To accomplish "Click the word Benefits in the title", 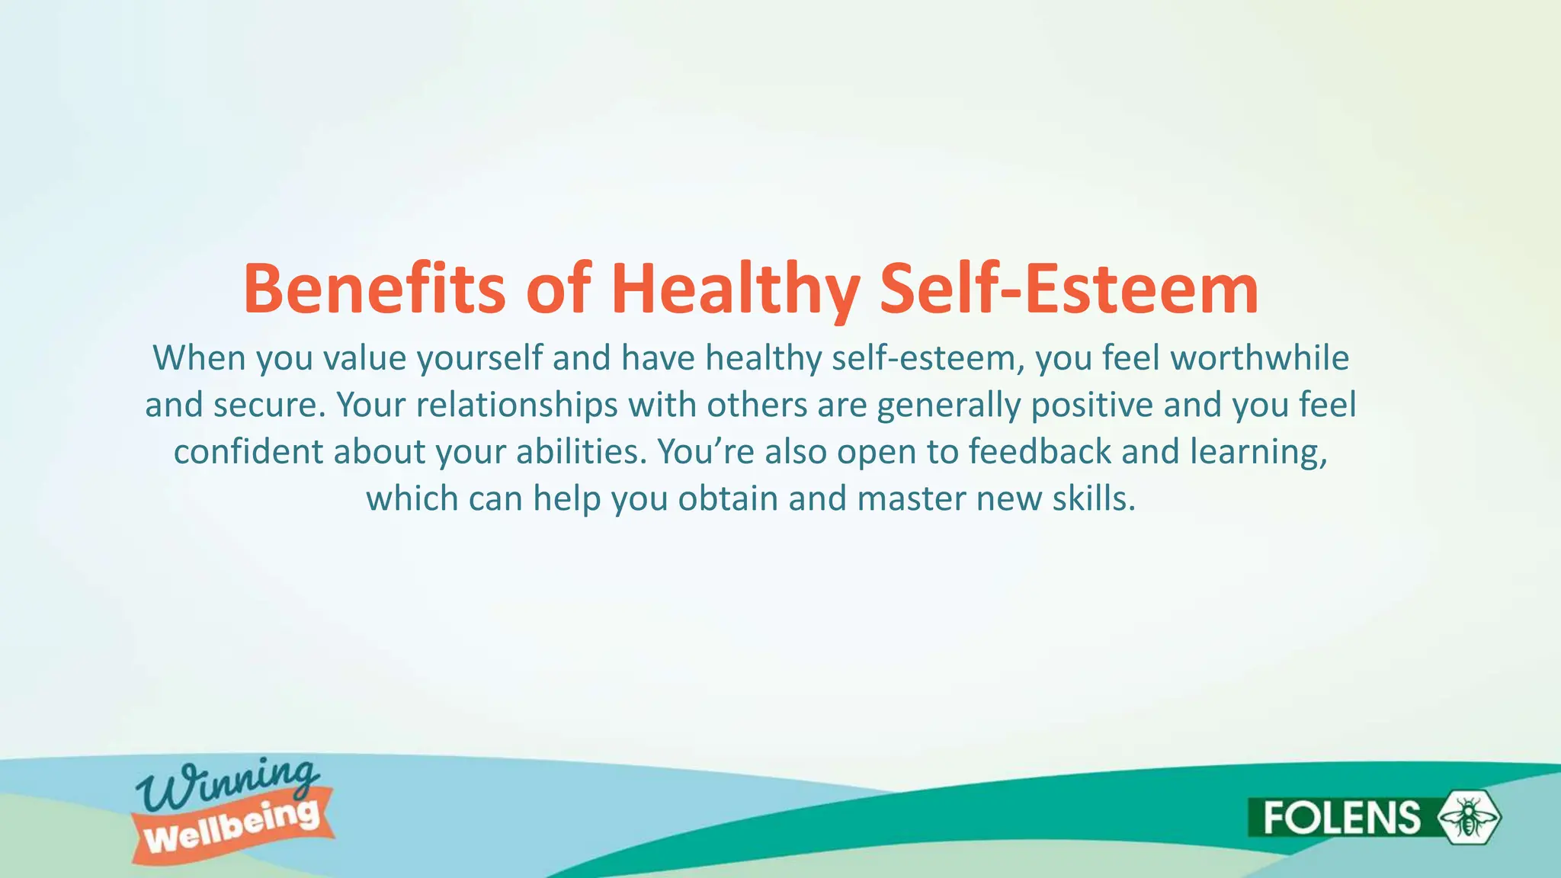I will (373, 289).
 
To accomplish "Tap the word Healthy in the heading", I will (736, 289).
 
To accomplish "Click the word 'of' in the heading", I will (558, 289).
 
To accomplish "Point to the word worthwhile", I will (1259, 358).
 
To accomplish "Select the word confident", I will (248, 452).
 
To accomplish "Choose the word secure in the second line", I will (269, 405).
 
